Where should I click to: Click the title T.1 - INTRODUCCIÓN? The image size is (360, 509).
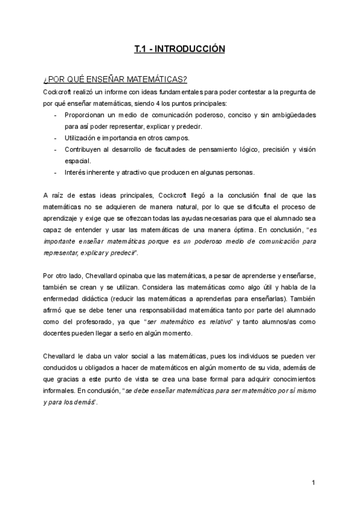point(180,49)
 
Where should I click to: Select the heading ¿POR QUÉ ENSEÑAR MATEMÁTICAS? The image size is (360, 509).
point(115,80)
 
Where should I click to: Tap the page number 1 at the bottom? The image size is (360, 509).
point(314,484)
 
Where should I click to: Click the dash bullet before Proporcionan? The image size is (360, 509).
point(56,115)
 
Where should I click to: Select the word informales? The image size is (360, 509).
point(62,391)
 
